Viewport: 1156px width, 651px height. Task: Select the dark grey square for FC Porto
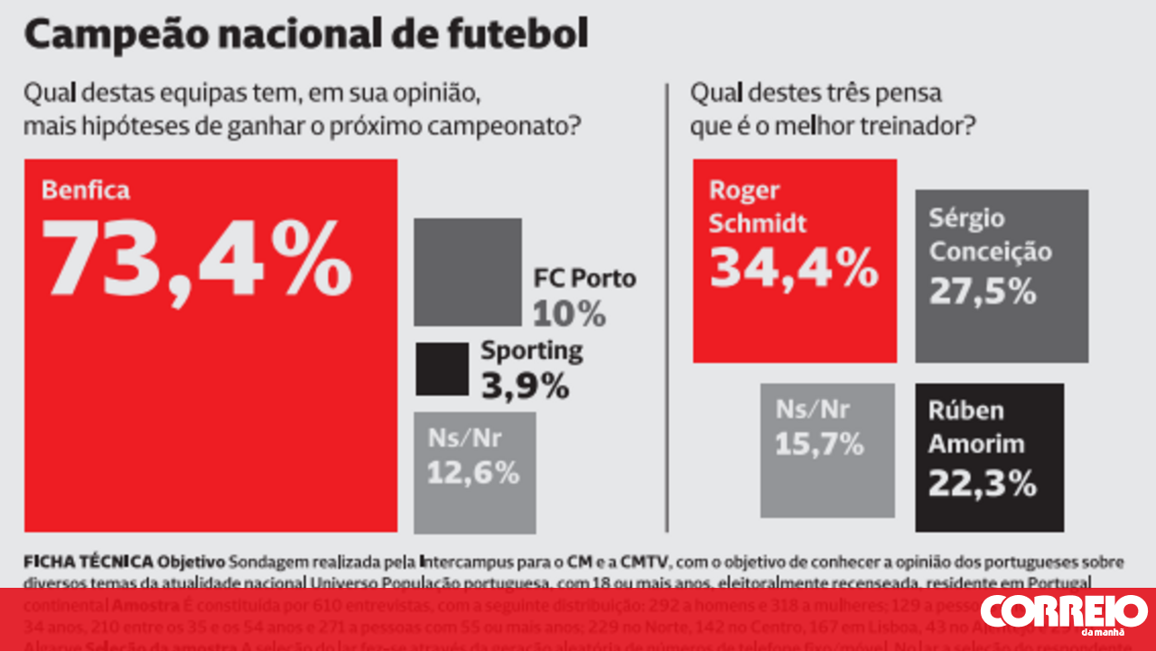coord(468,271)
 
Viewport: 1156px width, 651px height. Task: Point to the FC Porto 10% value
coord(569,313)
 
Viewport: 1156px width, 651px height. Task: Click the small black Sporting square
coord(442,368)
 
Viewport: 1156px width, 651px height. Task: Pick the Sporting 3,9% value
coord(525,386)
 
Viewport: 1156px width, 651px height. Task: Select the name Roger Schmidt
coord(757,207)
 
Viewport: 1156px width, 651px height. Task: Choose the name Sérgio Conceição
coord(990,235)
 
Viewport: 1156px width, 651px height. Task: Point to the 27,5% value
coord(983,291)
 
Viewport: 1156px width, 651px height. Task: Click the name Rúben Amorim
coord(976,427)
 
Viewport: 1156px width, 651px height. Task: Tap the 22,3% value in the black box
coord(983,485)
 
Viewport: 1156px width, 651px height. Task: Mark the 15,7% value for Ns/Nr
coord(820,443)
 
